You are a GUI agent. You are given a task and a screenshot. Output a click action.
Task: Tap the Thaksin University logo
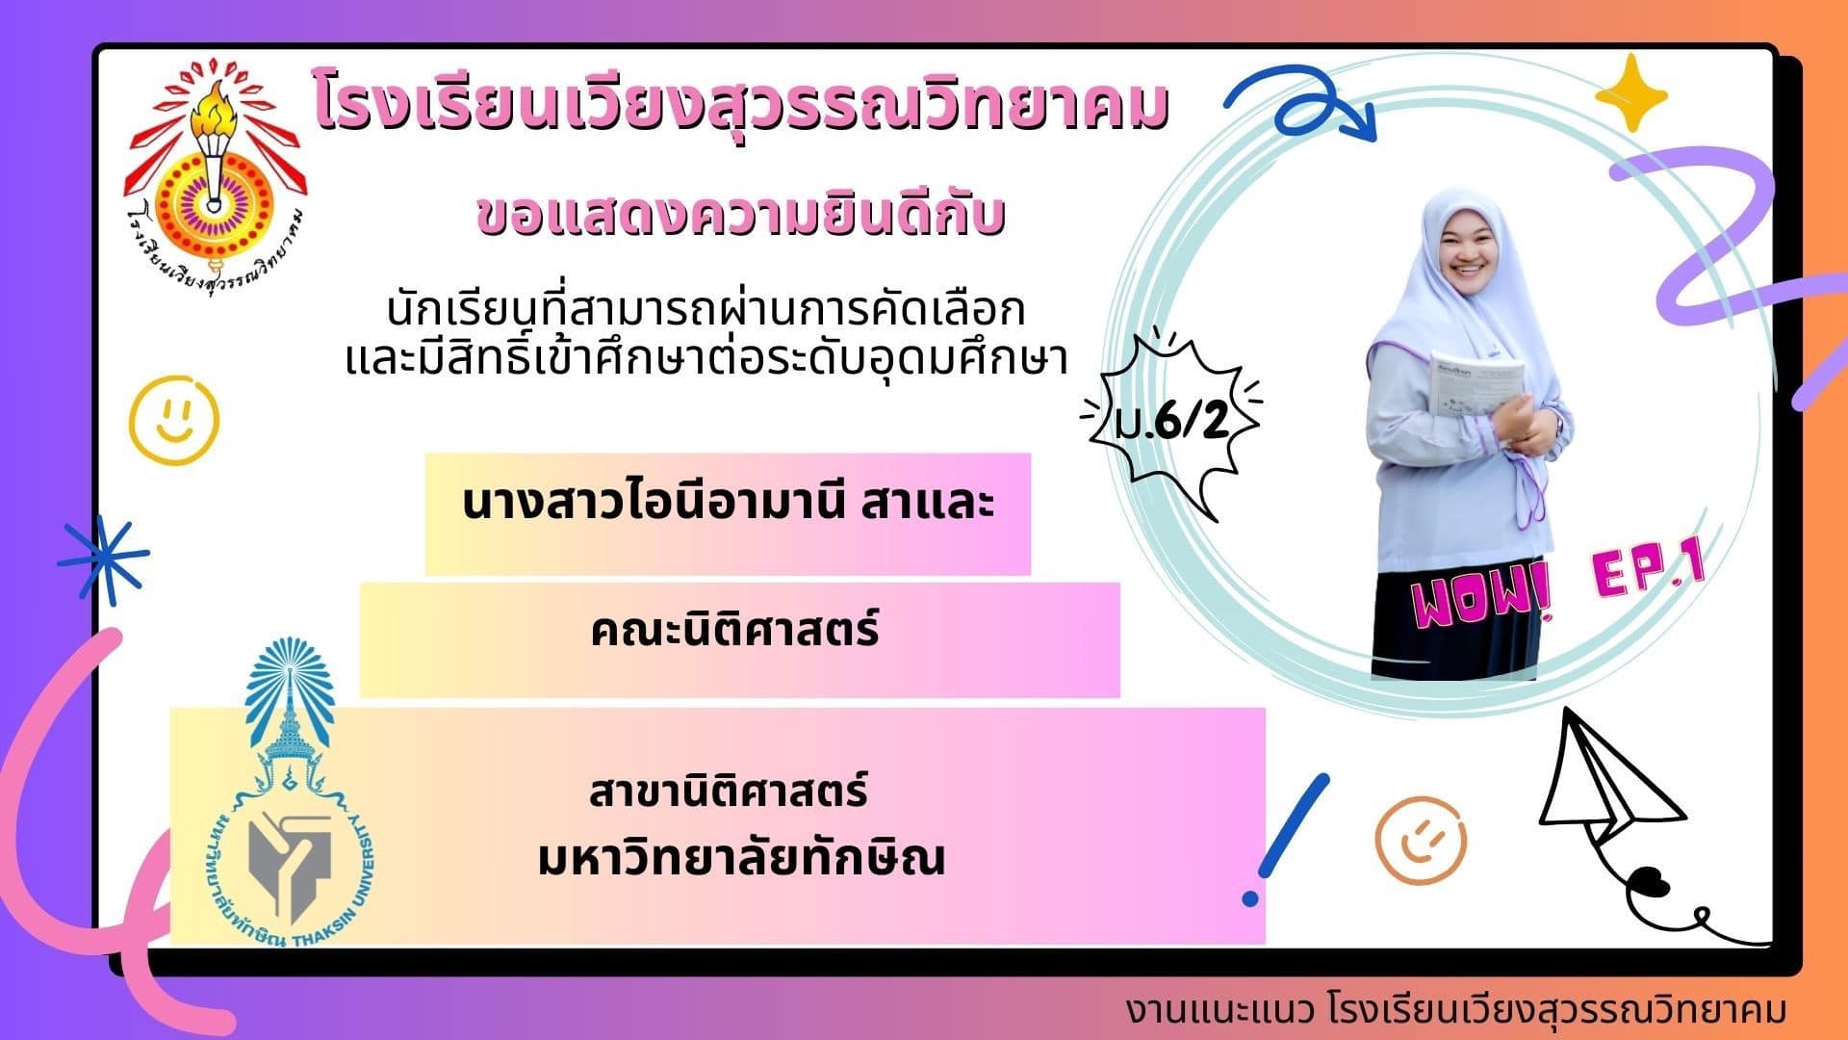[289, 790]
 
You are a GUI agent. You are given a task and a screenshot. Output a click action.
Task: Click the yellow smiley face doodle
[174, 420]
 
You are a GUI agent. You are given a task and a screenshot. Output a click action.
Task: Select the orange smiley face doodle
[1421, 841]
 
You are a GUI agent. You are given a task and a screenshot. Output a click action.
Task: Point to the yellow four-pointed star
[1630, 93]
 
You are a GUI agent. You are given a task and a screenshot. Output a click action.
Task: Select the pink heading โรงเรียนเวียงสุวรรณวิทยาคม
[741, 108]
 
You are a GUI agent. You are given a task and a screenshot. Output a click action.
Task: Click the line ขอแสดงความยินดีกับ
[741, 214]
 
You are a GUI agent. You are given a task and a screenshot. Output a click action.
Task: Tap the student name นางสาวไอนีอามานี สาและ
[728, 505]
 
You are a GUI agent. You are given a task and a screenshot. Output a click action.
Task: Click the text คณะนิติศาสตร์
[735, 632]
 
